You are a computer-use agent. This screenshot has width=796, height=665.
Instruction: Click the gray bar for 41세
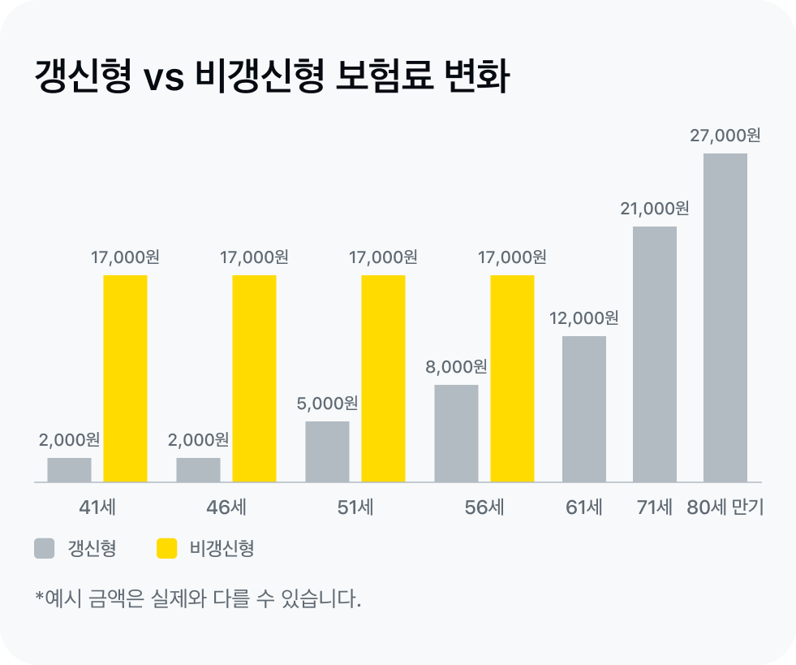point(69,470)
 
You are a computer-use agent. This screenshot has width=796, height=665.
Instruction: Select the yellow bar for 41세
point(126,378)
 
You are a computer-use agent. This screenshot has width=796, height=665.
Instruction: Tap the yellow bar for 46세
point(254,378)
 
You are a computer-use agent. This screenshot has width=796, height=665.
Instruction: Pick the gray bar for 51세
point(327,451)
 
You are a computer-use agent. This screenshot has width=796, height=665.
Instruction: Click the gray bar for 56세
point(456,434)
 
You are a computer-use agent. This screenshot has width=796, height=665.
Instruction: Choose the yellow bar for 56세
point(512,378)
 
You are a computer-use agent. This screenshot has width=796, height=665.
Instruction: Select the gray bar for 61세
point(584,409)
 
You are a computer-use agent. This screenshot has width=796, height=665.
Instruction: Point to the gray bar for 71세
point(654,354)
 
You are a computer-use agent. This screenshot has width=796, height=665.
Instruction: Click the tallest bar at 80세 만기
point(725,317)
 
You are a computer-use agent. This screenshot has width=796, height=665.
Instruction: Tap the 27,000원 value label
point(725,136)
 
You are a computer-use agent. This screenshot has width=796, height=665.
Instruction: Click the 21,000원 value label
point(654,209)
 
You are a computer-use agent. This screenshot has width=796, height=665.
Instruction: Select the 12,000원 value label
point(583,318)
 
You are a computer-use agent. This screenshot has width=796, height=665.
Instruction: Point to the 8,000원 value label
point(456,367)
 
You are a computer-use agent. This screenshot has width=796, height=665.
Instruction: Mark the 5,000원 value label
point(327,404)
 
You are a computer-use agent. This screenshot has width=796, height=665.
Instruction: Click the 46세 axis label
point(226,508)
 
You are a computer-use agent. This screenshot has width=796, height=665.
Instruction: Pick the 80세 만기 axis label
point(725,508)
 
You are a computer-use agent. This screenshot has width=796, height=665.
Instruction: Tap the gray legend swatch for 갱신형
point(44,549)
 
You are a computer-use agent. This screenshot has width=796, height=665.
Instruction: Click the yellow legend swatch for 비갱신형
point(166,549)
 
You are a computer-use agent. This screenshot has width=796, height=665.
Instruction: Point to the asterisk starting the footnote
point(39,598)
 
